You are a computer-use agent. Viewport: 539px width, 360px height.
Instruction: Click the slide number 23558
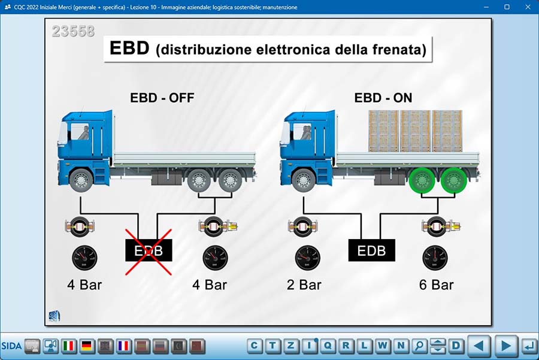click(73, 31)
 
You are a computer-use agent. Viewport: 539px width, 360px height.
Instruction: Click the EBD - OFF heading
click(162, 98)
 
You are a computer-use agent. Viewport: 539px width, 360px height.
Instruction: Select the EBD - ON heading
click(383, 98)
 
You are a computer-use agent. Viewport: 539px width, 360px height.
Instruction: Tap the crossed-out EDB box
click(149, 250)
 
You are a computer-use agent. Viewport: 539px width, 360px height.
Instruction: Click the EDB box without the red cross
click(371, 250)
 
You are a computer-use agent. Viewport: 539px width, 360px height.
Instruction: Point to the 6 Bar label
click(436, 285)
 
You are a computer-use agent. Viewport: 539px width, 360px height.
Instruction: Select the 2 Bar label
click(304, 285)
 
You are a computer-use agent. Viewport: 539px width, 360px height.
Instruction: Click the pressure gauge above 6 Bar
click(435, 258)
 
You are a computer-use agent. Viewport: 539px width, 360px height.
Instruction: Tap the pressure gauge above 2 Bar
click(307, 258)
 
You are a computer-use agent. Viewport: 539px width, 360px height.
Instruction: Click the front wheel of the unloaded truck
click(81, 180)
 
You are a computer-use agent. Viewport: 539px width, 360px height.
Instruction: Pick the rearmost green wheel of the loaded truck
click(453, 180)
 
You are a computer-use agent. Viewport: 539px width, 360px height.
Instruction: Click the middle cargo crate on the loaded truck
click(415, 131)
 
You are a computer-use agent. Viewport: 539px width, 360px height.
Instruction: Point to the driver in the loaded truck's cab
click(305, 132)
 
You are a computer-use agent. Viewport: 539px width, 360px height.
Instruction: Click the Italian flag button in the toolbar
click(69, 346)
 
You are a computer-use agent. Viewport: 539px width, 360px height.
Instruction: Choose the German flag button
click(87, 346)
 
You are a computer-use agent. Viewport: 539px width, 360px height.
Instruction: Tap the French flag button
click(123, 346)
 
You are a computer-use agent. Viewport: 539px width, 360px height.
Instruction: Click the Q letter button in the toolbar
click(328, 346)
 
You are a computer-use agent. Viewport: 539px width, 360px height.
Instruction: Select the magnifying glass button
click(419, 346)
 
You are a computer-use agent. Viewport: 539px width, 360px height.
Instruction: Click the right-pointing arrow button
click(505, 346)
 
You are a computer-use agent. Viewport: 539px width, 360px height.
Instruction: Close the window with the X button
click(528, 7)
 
